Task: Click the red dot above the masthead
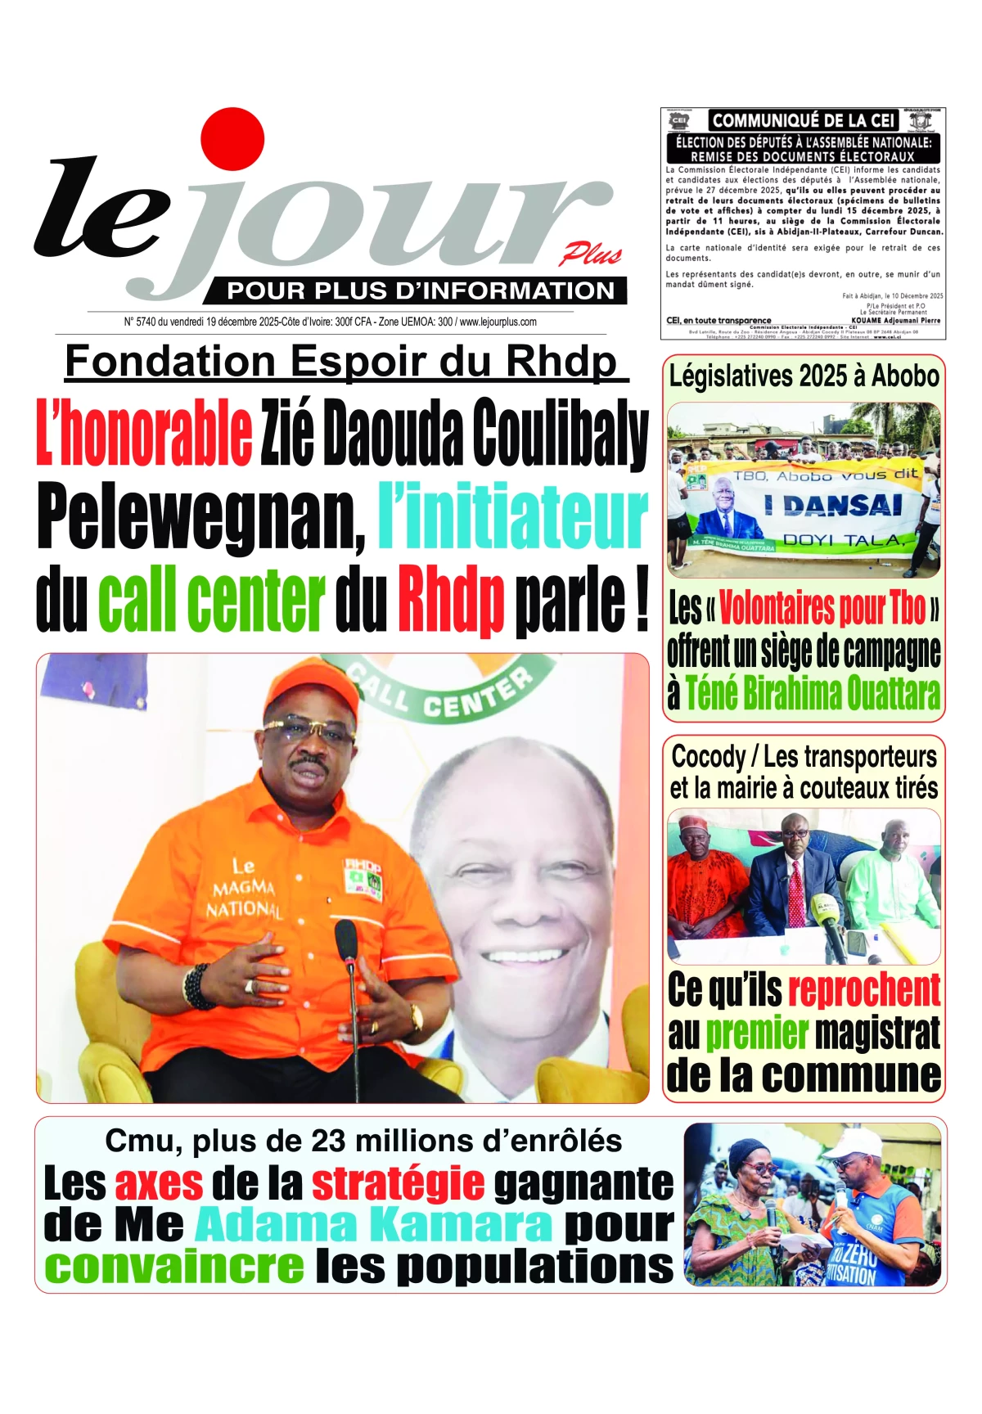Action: [x=232, y=139]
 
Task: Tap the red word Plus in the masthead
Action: [x=591, y=255]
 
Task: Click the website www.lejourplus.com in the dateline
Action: [x=498, y=322]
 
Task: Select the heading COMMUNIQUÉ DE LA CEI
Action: [x=803, y=120]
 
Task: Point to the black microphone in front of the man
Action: [x=346, y=941]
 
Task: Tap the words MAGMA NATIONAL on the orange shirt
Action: [x=243, y=897]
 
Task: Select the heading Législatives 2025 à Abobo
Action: [x=804, y=376]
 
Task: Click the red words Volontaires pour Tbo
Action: [x=822, y=608]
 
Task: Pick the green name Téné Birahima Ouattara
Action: [x=812, y=693]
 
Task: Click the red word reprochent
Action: [x=864, y=990]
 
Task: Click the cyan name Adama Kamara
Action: [x=373, y=1225]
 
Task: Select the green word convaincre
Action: [x=174, y=1267]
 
